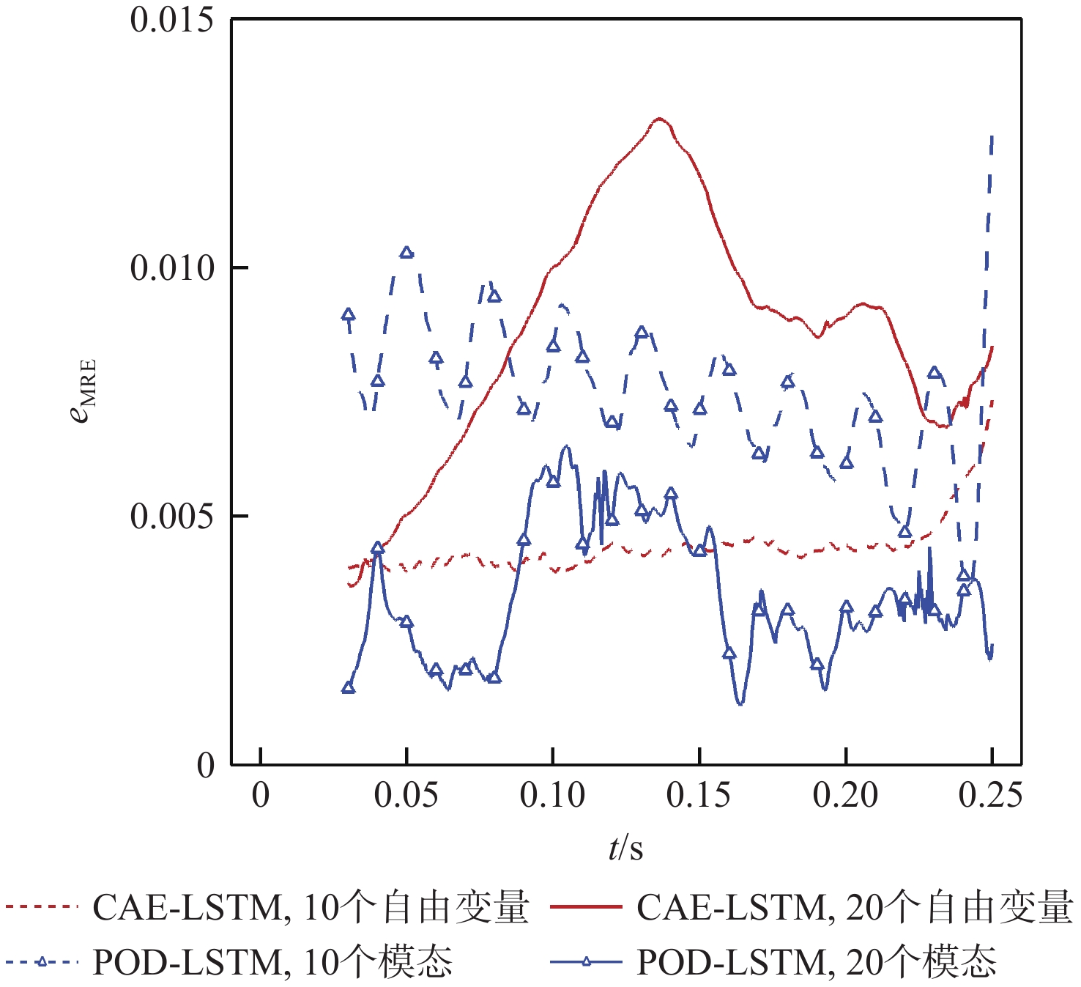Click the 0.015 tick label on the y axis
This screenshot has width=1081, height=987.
(x=171, y=20)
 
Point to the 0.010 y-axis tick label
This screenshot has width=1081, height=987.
(x=171, y=268)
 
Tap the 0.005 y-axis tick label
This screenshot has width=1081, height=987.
(x=171, y=517)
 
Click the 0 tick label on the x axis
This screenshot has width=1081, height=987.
(x=261, y=795)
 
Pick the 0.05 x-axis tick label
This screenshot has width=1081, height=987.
(x=406, y=795)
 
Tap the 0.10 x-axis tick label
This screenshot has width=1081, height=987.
(x=553, y=795)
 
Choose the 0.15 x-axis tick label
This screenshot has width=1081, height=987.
(x=699, y=795)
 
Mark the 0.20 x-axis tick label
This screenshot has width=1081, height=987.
(x=846, y=795)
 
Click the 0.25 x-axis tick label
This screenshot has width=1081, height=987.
(x=991, y=795)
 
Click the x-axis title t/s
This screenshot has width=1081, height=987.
(x=625, y=848)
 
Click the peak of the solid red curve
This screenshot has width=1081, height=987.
(x=660, y=118)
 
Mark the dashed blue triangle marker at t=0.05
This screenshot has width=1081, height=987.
(x=406, y=253)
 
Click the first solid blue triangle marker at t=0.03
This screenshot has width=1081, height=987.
(x=349, y=687)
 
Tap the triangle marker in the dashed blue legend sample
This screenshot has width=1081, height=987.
(x=42, y=961)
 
